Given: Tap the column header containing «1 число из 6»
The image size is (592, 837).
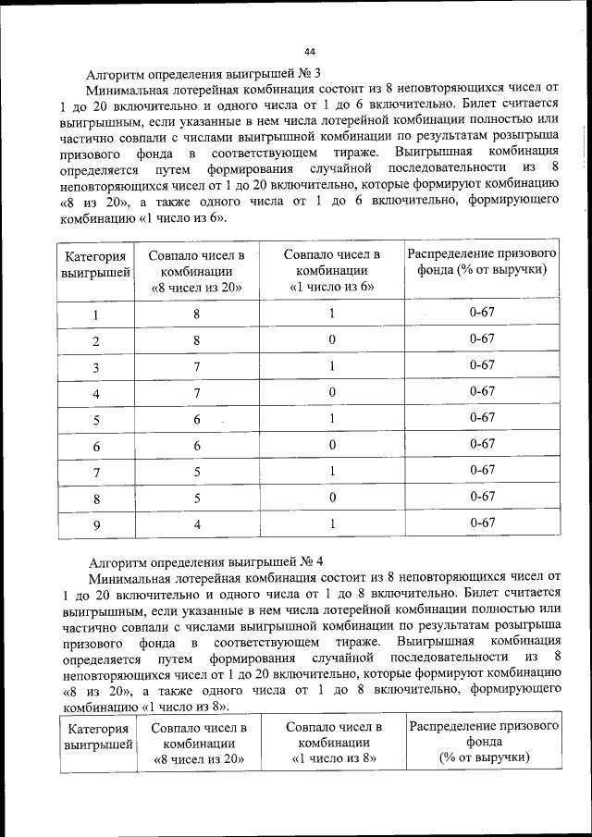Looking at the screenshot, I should [x=331, y=270].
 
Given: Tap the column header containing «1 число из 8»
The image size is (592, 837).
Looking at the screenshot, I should [x=333, y=744].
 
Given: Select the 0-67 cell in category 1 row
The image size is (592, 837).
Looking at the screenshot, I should [x=482, y=313].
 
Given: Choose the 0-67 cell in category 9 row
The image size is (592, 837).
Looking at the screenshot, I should [x=482, y=523].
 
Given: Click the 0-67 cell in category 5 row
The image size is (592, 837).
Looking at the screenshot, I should [x=482, y=418].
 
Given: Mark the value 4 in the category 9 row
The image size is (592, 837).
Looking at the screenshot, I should [x=196, y=524].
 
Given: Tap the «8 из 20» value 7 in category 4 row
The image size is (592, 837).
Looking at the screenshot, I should [x=196, y=392].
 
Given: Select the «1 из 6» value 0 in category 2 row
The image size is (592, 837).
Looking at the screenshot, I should [x=331, y=339].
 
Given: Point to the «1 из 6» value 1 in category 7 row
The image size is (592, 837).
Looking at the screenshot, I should [x=331, y=471].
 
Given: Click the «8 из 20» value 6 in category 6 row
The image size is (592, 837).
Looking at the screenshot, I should [x=196, y=445].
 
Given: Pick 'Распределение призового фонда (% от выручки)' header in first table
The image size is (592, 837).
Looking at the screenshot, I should [x=482, y=262].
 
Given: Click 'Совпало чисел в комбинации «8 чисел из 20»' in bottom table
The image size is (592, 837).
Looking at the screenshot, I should [x=198, y=744].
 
